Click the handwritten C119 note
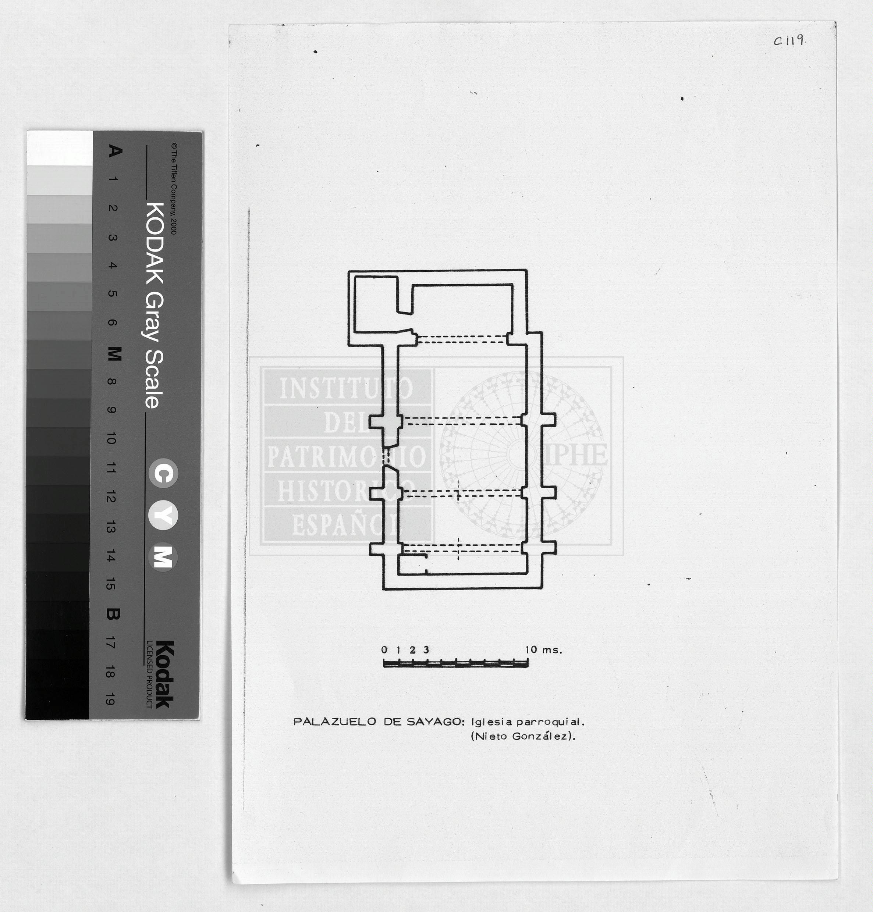coord(790,40)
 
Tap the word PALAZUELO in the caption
coord(334,722)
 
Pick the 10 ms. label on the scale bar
coord(543,650)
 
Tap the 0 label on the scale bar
coord(384,650)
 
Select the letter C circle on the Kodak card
coord(163,473)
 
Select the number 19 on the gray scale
coord(111,699)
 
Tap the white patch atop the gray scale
coord(60,148)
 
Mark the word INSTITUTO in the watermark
coord(346,388)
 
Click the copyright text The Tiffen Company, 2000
coord(174,188)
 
